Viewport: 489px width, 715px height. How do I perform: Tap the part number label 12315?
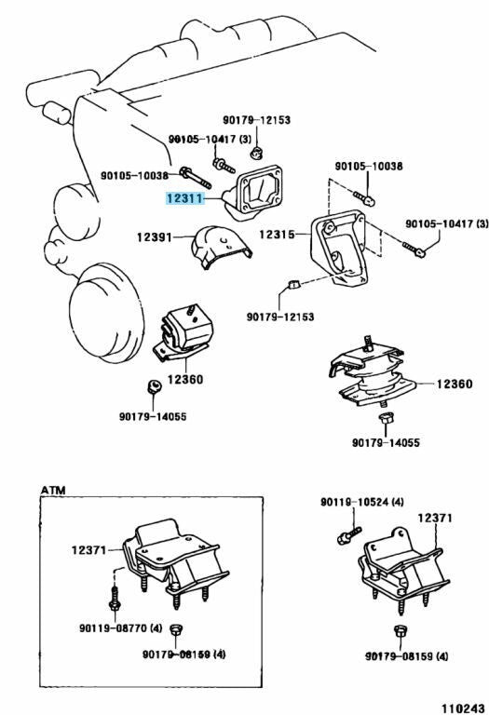pos(278,235)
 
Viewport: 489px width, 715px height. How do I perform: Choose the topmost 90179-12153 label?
pos(256,119)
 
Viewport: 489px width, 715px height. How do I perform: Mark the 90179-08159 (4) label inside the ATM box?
pos(183,655)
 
